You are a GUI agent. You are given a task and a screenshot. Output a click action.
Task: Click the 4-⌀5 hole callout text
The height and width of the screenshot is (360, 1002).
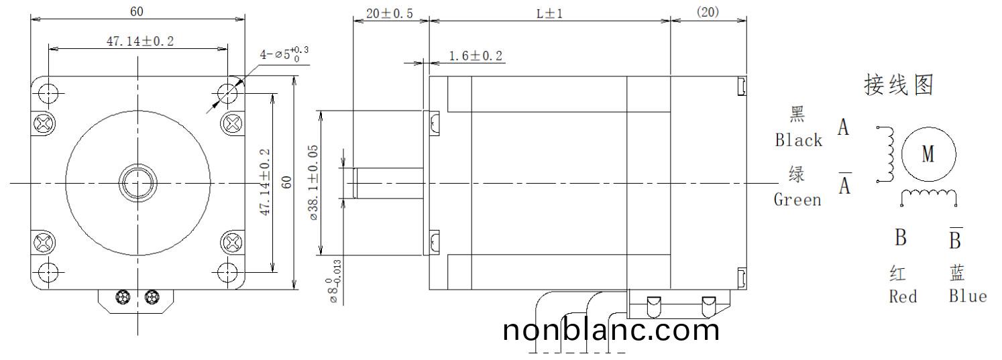click(284, 54)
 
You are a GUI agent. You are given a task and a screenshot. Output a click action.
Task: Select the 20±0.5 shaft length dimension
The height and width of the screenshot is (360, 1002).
click(390, 13)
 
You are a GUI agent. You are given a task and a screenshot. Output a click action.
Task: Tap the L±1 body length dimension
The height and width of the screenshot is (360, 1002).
click(550, 13)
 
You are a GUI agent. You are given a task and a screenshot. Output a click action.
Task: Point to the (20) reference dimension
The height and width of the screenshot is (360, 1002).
click(708, 13)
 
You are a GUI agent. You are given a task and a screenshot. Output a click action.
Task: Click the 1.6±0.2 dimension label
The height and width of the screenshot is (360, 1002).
click(476, 56)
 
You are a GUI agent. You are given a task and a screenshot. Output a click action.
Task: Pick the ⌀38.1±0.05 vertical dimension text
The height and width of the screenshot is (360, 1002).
click(313, 182)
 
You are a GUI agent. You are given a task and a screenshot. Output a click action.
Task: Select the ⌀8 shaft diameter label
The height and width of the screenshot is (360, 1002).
click(335, 282)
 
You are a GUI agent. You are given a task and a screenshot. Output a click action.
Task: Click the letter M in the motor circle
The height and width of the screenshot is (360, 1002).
click(928, 154)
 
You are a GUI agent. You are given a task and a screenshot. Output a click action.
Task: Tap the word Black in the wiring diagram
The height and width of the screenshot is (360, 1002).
click(799, 140)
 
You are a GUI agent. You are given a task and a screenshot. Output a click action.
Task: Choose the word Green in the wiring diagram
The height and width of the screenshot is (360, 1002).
click(797, 200)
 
